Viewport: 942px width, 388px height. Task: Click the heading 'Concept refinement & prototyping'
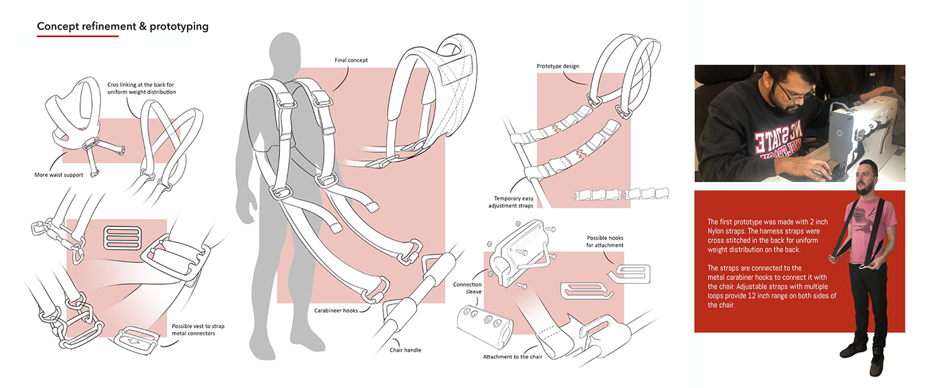[x=122, y=26]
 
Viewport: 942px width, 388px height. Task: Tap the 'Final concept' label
[x=351, y=61]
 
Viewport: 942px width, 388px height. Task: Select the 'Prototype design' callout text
[x=558, y=66]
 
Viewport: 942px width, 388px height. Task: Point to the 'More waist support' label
[x=60, y=175]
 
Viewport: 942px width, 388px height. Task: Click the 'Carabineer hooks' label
[x=336, y=311]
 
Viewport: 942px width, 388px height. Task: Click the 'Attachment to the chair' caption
[x=511, y=356]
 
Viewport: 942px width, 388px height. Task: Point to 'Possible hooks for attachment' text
[x=605, y=242]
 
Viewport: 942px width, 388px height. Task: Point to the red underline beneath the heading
[x=77, y=36]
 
